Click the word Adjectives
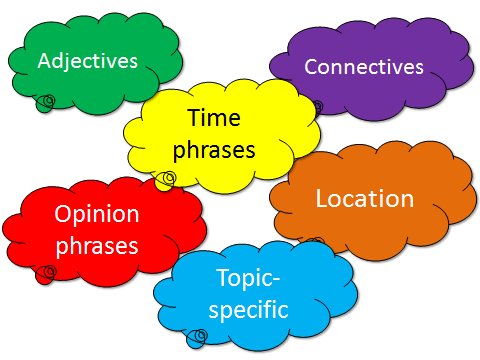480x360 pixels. [x=88, y=62]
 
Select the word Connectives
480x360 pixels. [x=364, y=67]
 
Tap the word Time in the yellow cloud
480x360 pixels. [x=214, y=117]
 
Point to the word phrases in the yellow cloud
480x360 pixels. [x=214, y=150]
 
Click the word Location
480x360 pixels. [x=365, y=199]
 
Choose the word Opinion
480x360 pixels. [x=97, y=214]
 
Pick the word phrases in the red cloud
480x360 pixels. [x=97, y=246]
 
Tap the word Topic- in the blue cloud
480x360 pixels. [x=248, y=278]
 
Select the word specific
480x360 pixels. [x=248, y=310]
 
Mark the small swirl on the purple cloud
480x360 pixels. [x=318, y=107]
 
